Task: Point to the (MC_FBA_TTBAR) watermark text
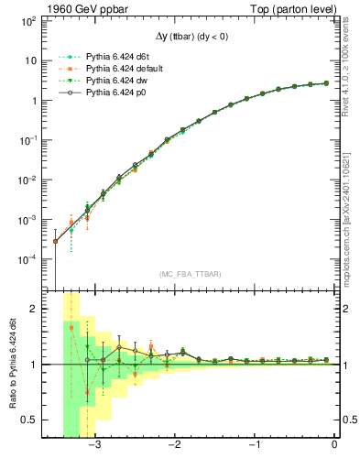coord(189,274)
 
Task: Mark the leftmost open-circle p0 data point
coord(55,241)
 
